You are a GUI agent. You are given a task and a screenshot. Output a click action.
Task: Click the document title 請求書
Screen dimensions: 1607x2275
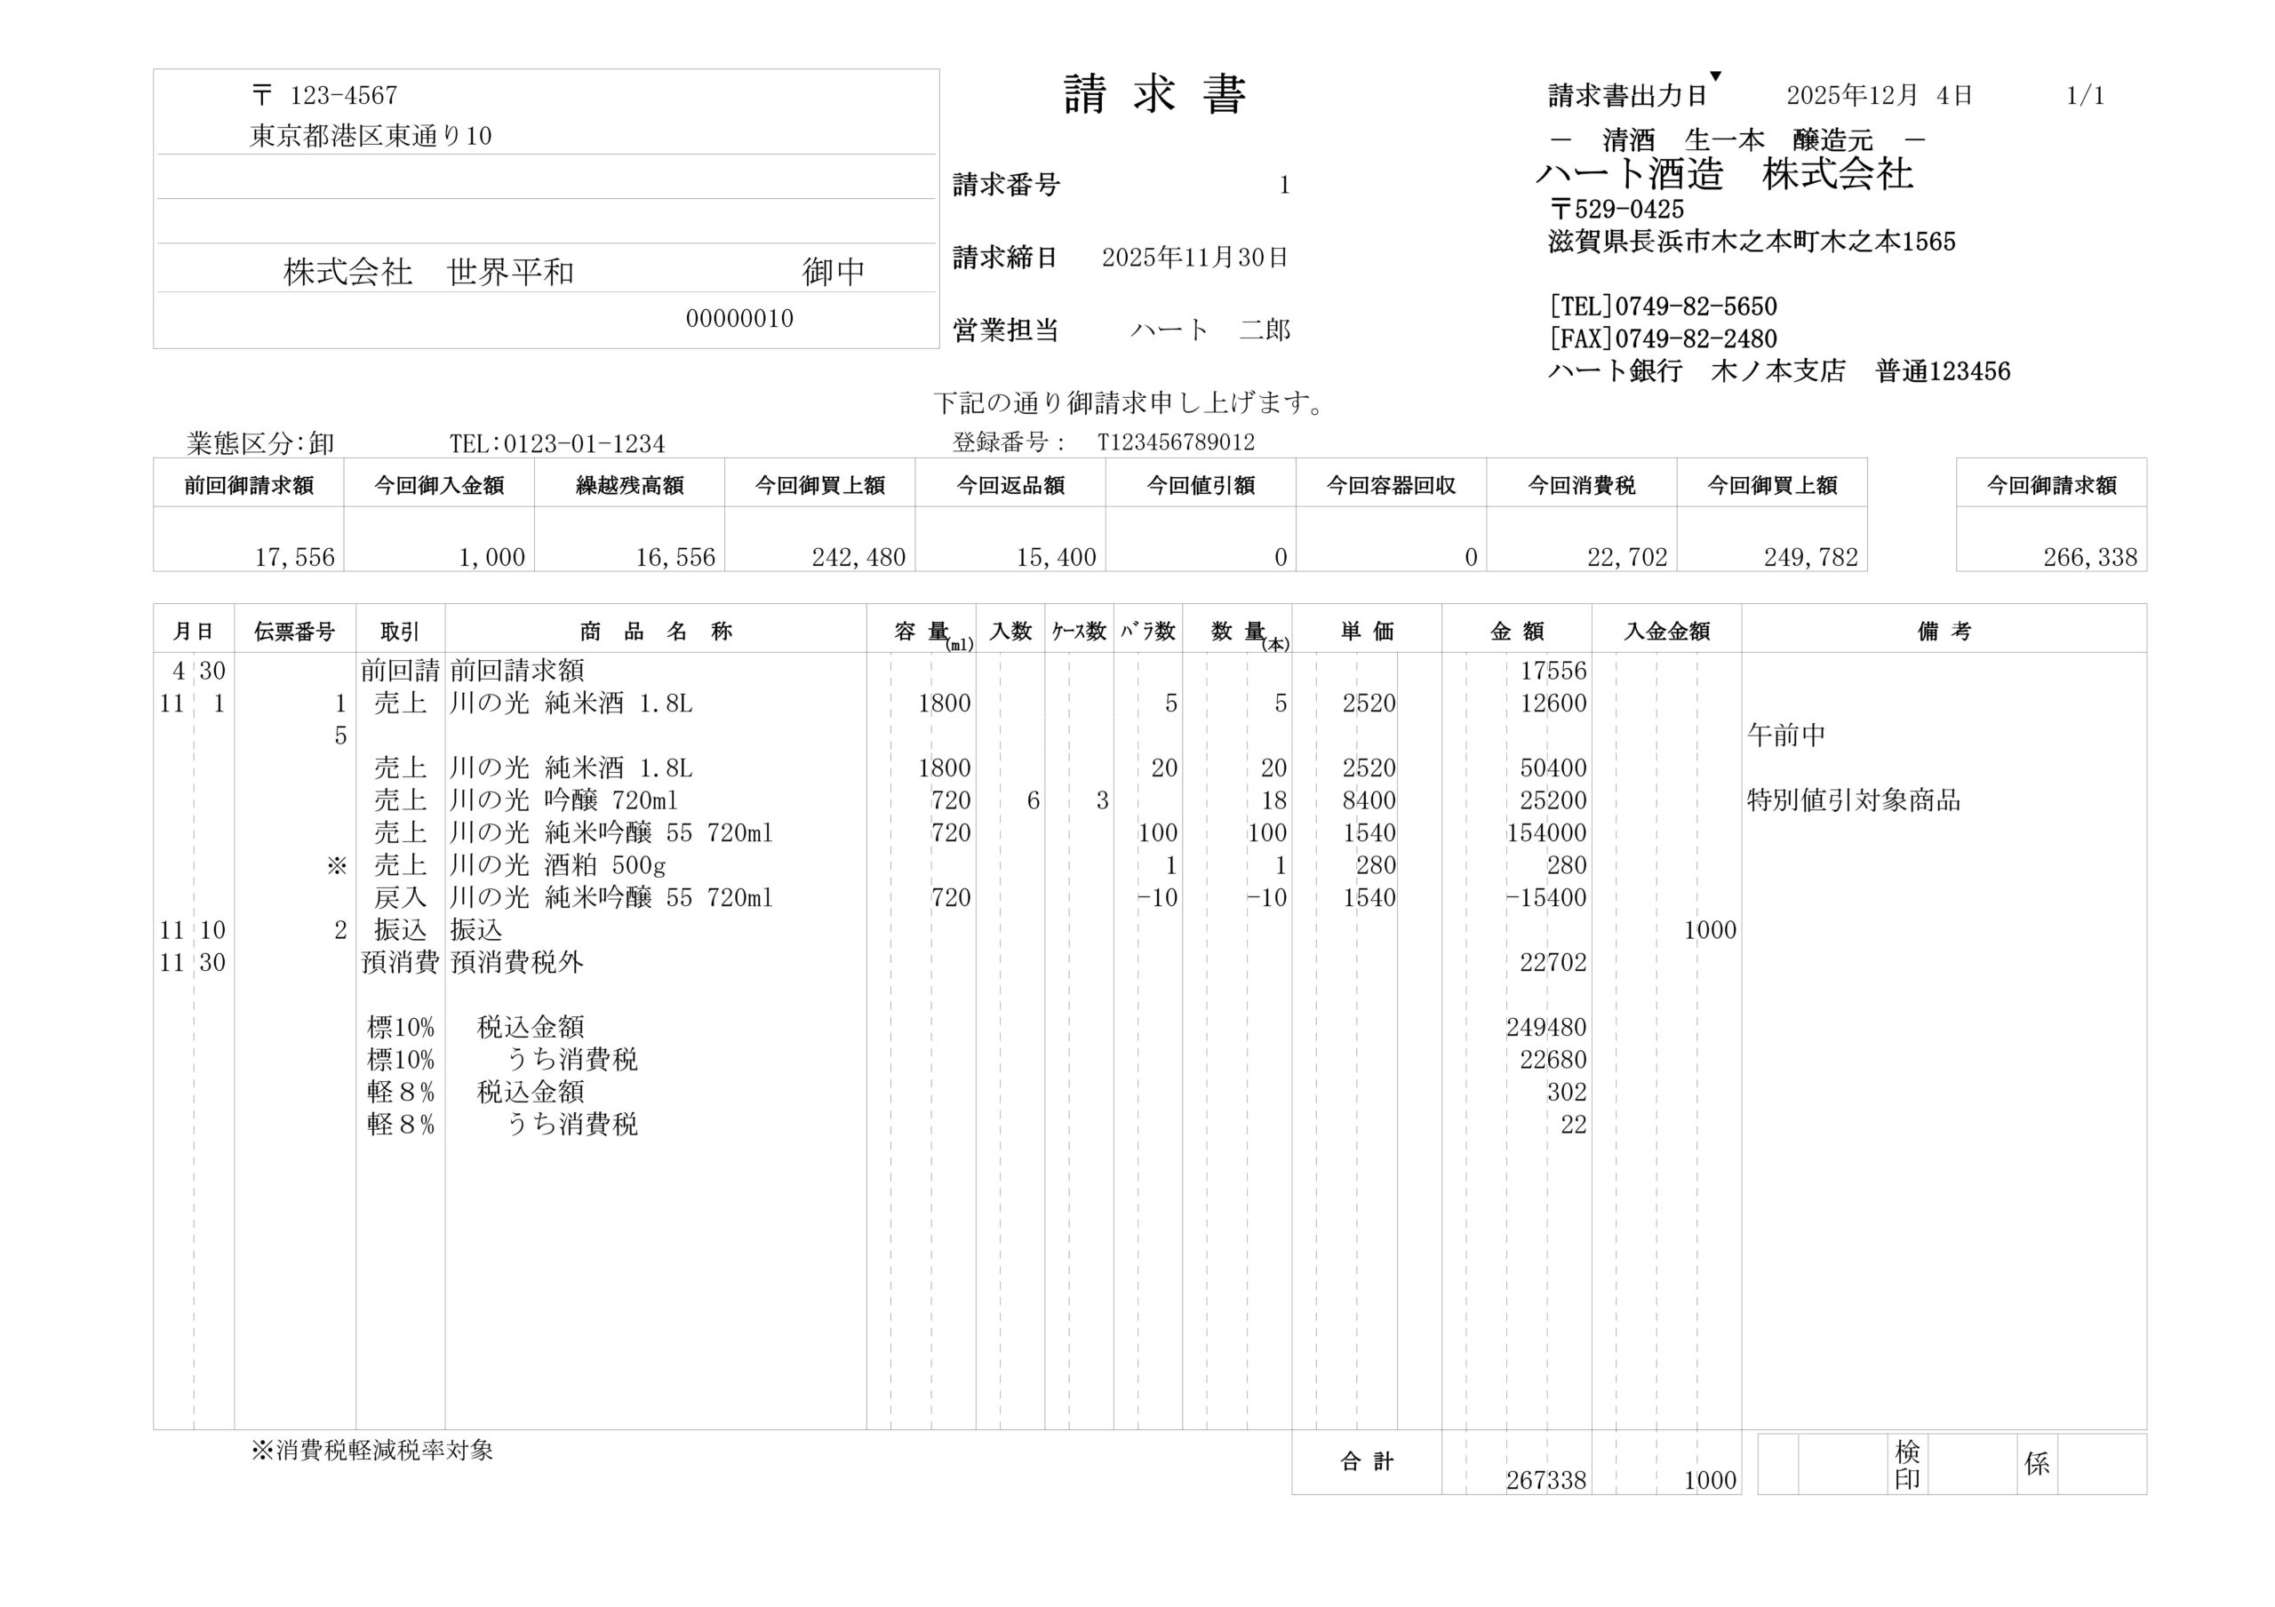click(x=1154, y=95)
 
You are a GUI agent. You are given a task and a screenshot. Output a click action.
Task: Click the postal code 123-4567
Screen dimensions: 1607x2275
click(x=343, y=95)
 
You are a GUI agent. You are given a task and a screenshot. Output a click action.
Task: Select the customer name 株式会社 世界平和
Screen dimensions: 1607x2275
click(x=428, y=272)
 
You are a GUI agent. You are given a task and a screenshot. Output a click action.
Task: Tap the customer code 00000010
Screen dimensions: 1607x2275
click(x=739, y=319)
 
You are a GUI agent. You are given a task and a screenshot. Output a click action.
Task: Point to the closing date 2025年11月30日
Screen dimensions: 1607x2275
click(x=1194, y=258)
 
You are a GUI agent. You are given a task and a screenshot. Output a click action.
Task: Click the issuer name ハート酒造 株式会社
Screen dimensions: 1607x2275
click(x=1724, y=174)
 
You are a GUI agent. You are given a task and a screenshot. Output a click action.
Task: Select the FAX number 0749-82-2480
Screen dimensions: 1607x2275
click(x=1696, y=338)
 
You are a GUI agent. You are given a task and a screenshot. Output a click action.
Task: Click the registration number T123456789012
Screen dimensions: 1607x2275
click(x=1176, y=442)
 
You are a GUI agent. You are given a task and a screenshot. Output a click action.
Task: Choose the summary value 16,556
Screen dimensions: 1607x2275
click(x=675, y=558)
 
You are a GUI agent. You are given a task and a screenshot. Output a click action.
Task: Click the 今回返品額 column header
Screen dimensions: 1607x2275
click(x=1010, y=485)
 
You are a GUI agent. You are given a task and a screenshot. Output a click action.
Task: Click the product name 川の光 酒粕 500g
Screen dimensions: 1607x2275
click(x=557, y=865)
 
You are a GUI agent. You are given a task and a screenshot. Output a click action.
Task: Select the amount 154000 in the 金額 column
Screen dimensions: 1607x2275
click(x=1545, y=833)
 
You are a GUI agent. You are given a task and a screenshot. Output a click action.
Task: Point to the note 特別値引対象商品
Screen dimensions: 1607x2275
click(x=1853, y=800)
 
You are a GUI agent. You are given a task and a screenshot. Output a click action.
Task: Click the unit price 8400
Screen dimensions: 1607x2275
click(x=1369, y=800)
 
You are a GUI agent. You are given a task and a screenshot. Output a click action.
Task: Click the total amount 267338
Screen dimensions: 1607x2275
click(x=1545, y=1480)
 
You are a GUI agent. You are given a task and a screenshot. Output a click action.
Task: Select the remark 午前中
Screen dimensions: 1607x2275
click(x=1785, y=736)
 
